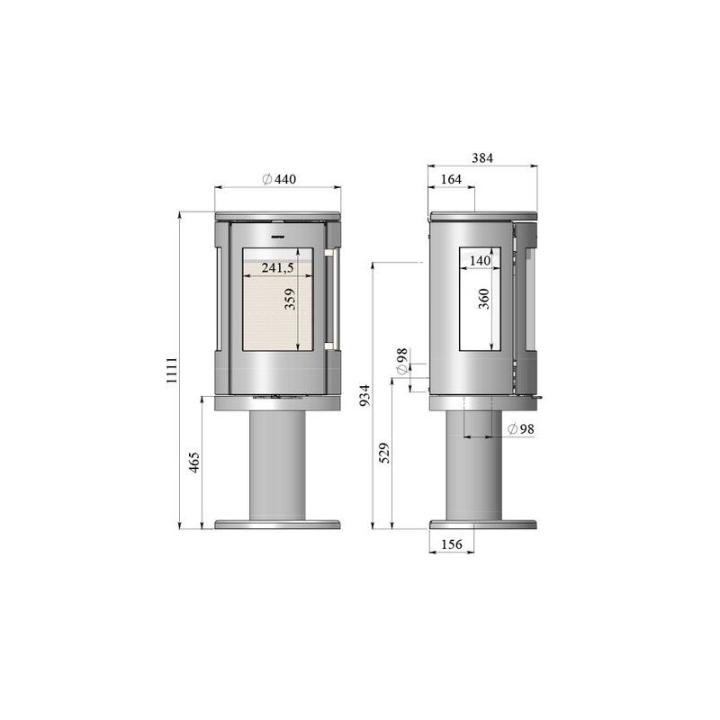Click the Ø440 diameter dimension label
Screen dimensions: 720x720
pyautogui.click(x=279, y=180)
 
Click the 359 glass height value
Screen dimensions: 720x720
pyautogui.click(x=290, y=299)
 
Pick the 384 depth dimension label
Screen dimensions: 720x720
pyautogui.click(x=482, y=157)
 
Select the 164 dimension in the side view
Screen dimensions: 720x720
pyautogui.click(x=451, y=180)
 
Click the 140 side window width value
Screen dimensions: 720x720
pyautogui.click(x=480, y=260)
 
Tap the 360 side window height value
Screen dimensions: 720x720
pyautogui.click(x=483, y=300)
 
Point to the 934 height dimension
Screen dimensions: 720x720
pyautogui.click(x=364, y=393)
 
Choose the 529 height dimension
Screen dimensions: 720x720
pyautogui.click(x=385, y=453)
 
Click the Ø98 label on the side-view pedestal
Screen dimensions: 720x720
pyautogui.click(x=520, y=429)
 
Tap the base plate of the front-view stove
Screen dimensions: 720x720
pyautogui.click(x=277, y=524)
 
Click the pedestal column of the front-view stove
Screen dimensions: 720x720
pyautogui.click(x=277, y=463)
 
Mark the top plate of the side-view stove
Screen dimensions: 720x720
pyautogui.click(x=483, y=216)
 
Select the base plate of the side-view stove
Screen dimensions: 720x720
pyautogui.click(x=483, y=524)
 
